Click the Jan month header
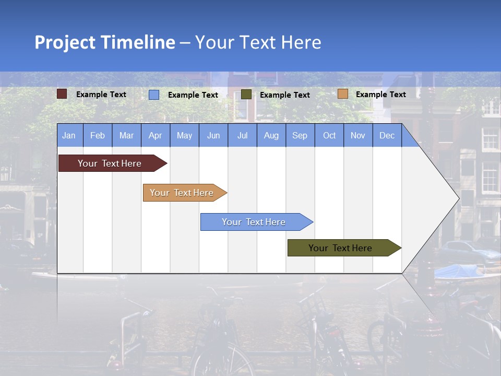click(69, 135)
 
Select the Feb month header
click(98, 135)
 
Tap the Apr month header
click(156, 135)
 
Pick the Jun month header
click(213, 135)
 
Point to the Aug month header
click(271, 135)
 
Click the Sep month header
click(300, 135)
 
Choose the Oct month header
click(329, 135)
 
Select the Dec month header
click(387, 135)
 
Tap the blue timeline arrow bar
click(254, 222)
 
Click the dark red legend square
click(62, 94)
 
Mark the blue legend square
click(154, 95)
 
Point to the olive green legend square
click(246, 95)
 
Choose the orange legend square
click(343, 94)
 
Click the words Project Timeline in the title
click(105, 42)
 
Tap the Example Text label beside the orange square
click(381, 95)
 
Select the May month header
click(184, 135)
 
